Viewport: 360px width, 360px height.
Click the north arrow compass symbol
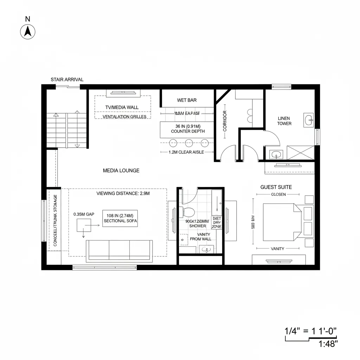27,32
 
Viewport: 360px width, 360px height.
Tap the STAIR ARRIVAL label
67,79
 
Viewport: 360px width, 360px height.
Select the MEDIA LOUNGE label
121,171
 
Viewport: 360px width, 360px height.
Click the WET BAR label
187,100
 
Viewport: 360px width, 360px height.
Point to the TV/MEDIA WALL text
122,107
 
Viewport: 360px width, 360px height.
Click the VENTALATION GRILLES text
122,117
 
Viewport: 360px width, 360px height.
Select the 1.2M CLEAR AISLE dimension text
187,152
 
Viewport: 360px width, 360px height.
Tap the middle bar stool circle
189,143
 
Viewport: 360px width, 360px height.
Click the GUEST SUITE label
276,187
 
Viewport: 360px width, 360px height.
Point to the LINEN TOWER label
284,121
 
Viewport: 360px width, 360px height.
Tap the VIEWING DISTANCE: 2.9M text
123,193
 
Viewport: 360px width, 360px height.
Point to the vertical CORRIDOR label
225,121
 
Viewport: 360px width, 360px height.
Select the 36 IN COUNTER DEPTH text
187,129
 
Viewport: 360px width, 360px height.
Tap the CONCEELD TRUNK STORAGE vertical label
55,220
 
